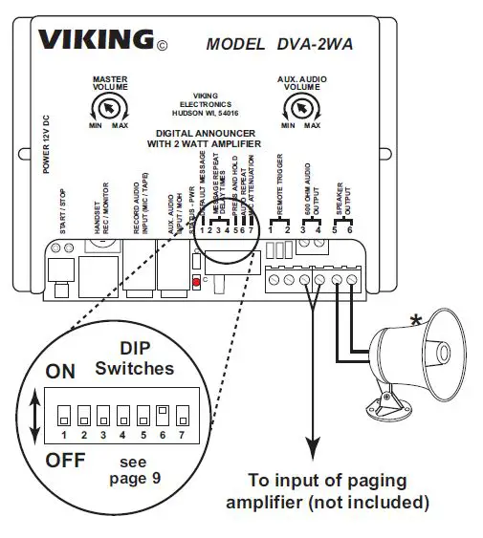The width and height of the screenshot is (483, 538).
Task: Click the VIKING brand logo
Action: click(96, 40)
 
